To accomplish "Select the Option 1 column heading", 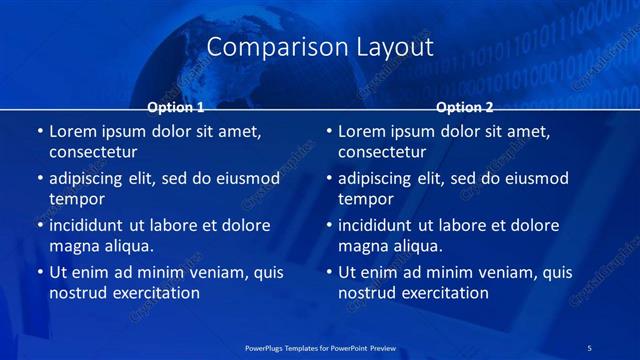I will [176, 107].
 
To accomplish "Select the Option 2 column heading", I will [465, 107].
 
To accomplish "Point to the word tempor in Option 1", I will [77, 199].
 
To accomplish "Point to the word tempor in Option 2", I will [366, 199].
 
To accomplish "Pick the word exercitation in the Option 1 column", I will [153, 293].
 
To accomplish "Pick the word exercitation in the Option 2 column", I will [442, 293].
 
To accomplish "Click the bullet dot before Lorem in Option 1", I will [39, 131].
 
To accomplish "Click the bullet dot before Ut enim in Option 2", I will [328, 272].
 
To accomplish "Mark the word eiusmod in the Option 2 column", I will [536, 179].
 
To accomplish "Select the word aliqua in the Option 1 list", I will [125, 246].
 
